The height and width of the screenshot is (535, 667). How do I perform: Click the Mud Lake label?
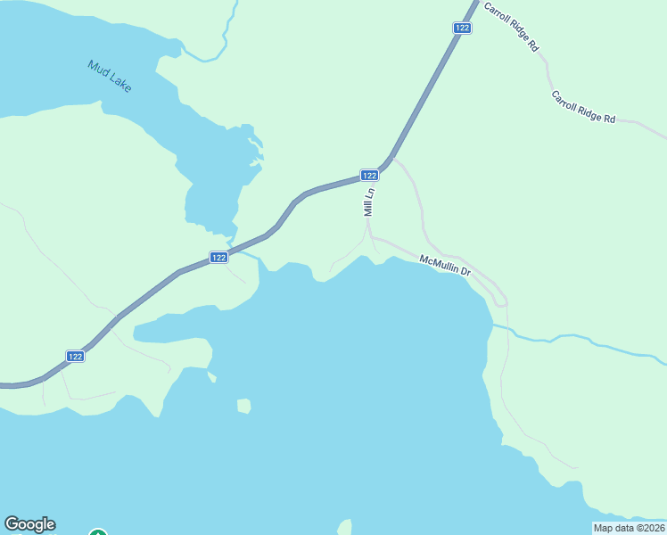coord(110,77)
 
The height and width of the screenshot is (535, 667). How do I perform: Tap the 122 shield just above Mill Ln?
coord(370,175)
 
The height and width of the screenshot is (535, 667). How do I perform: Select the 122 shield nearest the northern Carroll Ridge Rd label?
coord(461,28)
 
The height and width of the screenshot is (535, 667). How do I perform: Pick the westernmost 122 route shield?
coord(76,356)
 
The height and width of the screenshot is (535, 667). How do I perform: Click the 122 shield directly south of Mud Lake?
coord(219,257)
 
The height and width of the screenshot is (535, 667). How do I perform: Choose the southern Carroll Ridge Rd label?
coord(583,107)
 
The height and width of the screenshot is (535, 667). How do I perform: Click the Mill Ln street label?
coord(368,202)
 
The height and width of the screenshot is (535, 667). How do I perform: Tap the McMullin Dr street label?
coord(445,266)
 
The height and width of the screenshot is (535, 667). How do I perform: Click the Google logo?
coord(29,524)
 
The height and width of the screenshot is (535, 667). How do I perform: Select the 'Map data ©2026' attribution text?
coord(628,528)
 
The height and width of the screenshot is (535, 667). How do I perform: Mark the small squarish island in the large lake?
coord(243,406)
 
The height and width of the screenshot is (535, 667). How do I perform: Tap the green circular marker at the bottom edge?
coord(98,533)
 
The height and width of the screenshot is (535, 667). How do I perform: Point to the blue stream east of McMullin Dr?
coord(580,339)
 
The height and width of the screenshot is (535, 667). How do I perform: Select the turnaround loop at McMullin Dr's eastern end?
coord(500,300)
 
